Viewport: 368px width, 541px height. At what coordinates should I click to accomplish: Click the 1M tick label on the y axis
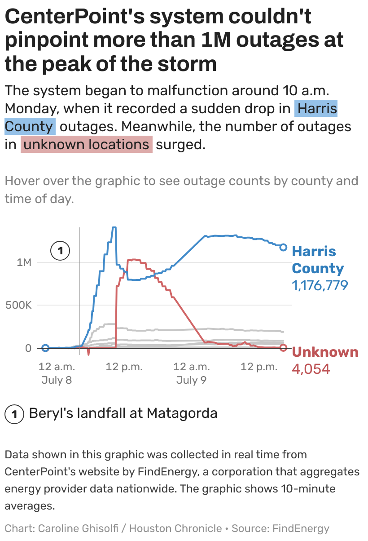coord(23,262)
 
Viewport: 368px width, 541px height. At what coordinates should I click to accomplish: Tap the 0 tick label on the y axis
coord(28,348)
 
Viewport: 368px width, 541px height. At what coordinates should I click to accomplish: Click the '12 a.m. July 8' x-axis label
coord(57,373)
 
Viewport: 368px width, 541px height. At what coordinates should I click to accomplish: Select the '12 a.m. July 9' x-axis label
coord(191,373)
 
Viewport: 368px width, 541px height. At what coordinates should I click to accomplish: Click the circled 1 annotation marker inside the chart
coord(60,250)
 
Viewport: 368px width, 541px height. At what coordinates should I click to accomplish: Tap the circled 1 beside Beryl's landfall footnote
coord(14,413)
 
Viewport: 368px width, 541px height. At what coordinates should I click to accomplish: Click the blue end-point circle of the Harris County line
coord(283,247)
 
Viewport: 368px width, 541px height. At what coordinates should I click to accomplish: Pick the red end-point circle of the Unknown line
coord(283,348)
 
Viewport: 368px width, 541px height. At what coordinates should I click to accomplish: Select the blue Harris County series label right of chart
coord(318,260)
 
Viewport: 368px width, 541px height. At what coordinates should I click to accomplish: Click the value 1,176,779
coord(320,285)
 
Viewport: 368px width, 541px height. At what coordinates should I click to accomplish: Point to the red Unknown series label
coord(325,352)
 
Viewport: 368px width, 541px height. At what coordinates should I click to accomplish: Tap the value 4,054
coord(311,369)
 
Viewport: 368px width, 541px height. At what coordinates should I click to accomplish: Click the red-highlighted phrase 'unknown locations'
coord(87,145)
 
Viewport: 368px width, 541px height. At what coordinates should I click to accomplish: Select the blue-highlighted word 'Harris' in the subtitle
coord(317,109)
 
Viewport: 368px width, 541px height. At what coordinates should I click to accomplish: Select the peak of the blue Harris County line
coord(114,227)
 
